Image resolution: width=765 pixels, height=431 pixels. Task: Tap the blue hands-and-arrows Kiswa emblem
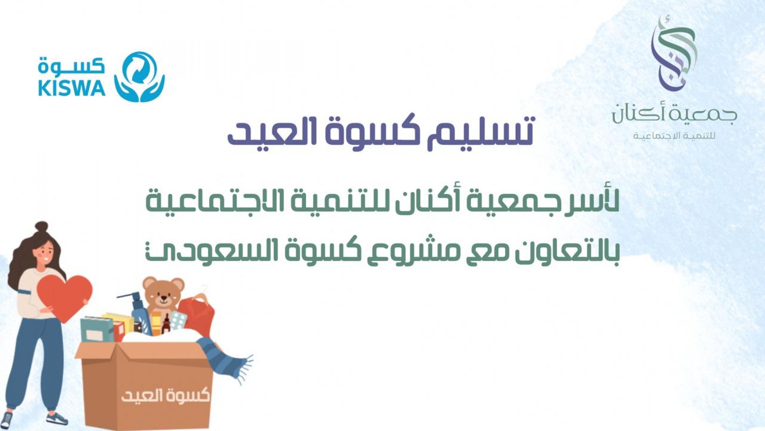140,77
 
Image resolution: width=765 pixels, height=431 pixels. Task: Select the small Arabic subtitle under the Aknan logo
674,136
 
